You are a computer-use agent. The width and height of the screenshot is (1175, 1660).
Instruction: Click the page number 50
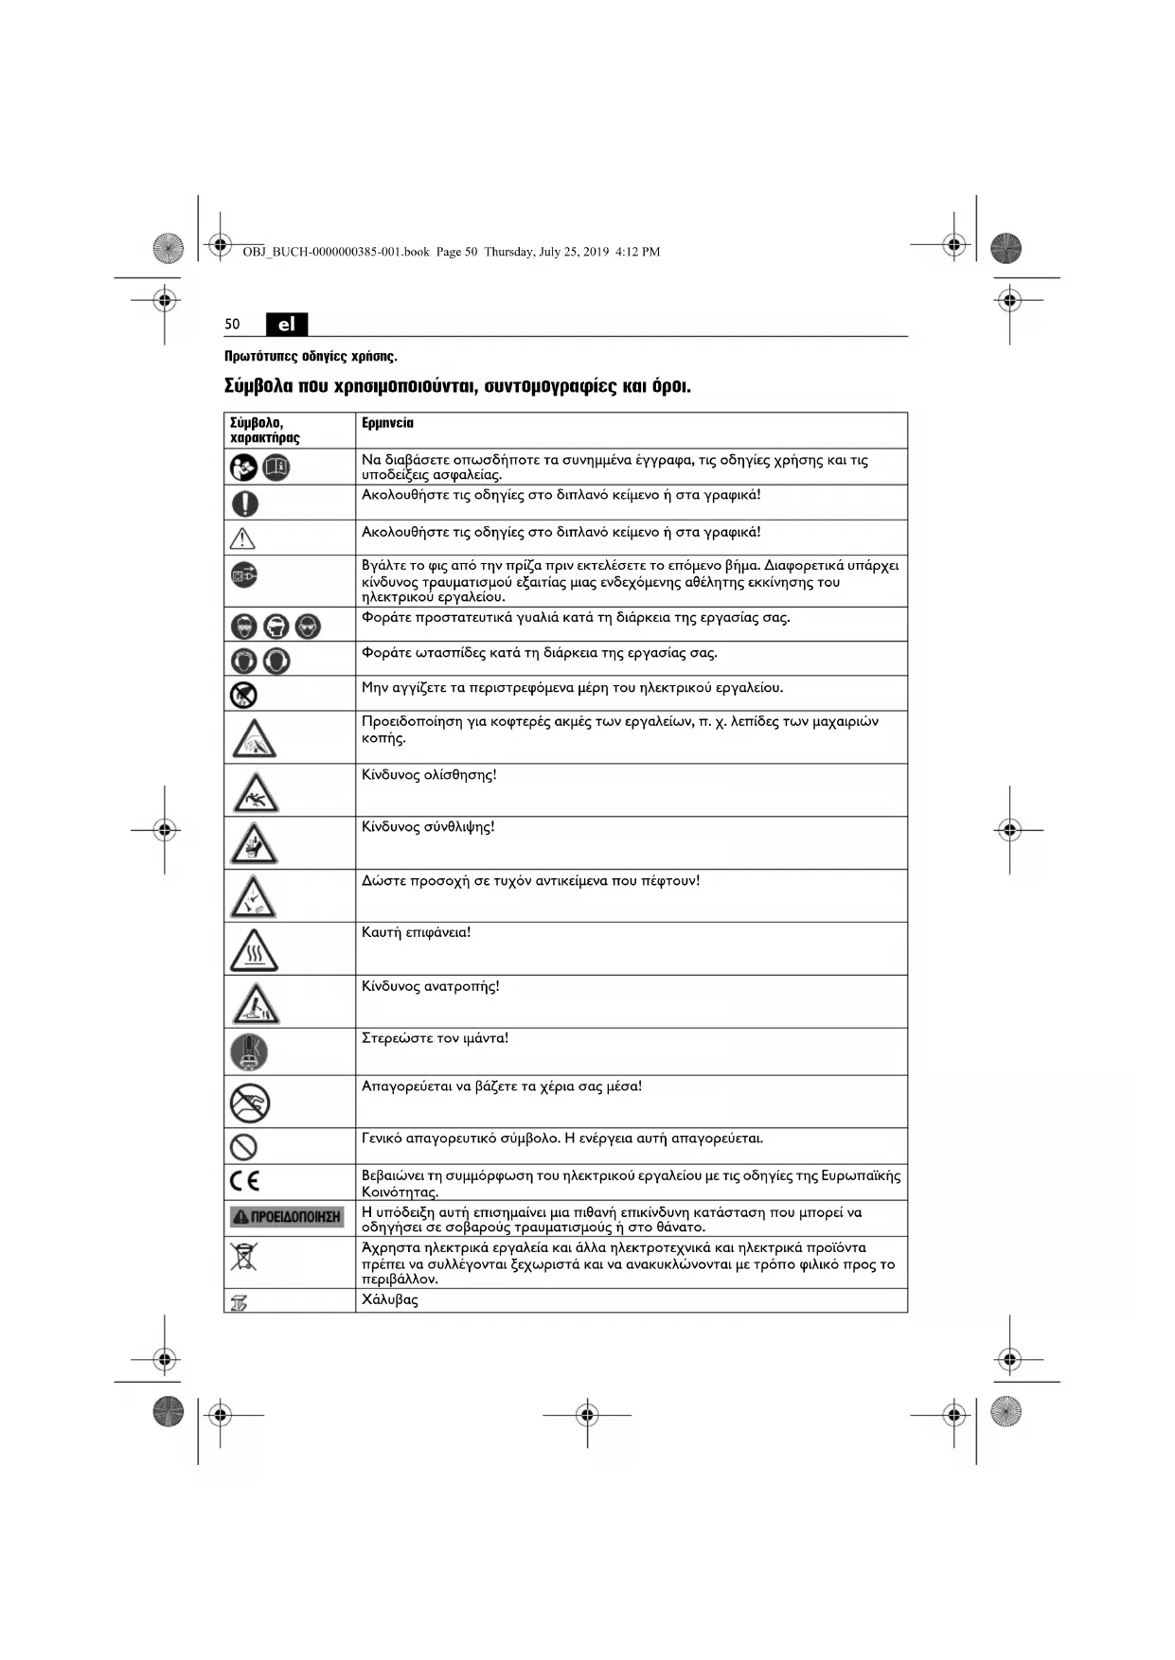pos(232,325)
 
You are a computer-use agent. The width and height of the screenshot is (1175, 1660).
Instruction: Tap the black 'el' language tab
pos(287,325)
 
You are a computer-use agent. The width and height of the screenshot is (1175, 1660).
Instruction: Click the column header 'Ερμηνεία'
pos(387,423)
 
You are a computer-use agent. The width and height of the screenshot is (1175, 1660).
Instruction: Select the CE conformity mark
pos(244,1180)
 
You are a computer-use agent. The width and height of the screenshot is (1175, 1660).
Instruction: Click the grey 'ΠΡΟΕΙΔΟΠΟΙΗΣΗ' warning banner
pos(287,1217)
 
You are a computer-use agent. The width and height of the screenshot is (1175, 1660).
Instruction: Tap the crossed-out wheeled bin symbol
pos(243,1257)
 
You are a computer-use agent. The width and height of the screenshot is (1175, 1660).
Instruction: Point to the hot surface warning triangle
pos(254,949)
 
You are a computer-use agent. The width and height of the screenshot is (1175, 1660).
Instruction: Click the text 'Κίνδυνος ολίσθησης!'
pos(429,775)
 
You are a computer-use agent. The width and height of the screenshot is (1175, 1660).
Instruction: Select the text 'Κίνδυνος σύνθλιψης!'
pos(428,827)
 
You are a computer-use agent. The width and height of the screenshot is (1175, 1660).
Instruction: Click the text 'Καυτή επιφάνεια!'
pos(416,933)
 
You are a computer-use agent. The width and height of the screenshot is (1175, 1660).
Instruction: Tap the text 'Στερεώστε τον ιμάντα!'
pos(435,1038)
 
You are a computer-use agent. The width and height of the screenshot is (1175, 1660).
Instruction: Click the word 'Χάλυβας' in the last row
pos(389,1299)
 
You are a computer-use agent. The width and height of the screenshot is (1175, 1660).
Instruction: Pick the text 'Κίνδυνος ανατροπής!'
pos(430,986)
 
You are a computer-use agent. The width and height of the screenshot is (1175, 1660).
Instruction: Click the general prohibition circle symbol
pos(244,1147)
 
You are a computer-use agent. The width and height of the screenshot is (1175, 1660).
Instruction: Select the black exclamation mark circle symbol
pos(245,503)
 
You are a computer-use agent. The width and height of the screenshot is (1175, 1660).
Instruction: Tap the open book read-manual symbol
pos(276,468)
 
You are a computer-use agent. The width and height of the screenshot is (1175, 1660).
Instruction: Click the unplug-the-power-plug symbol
pos(244,574)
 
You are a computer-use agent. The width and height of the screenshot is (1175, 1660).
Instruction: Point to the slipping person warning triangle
pos(255,792)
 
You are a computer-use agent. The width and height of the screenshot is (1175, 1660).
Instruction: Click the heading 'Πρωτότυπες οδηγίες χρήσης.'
pos(311,357)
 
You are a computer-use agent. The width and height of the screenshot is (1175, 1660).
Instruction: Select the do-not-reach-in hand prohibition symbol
pos(250,1103)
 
